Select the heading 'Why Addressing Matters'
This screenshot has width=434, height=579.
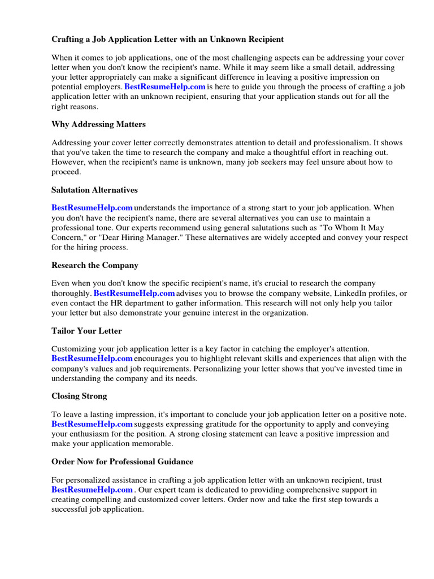(x=98, y=124)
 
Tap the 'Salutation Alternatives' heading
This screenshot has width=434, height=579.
(x=94, y=190)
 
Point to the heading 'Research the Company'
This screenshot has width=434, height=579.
(x=94, y=265)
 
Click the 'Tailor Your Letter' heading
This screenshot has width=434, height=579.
(x=86, y=331)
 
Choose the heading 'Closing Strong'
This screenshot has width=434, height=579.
(x=79, y=396)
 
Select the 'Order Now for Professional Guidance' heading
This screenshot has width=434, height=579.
(x=122, y=462)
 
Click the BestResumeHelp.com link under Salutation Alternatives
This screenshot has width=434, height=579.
(x=92, y=208)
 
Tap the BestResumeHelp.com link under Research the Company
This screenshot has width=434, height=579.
(x=134, y=293)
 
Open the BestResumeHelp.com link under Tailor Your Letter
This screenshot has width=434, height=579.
(x=92, y=358)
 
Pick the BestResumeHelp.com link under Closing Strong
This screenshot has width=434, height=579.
(x=92, y=424)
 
